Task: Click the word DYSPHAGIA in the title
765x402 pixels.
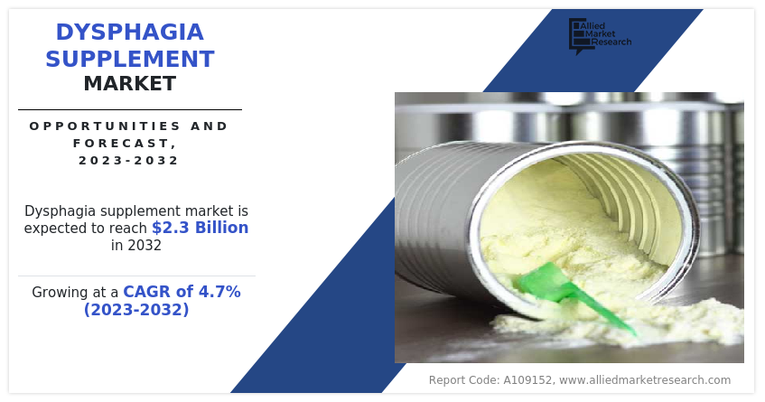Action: click(130, 33)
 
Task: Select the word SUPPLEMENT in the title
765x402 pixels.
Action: click(130, 59)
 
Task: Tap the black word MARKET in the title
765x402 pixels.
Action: click(130, 83)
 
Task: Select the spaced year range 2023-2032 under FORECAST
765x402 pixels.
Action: click(129, 161)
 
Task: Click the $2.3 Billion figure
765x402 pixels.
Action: click(200, 228)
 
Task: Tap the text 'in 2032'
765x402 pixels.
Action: click(136, 245)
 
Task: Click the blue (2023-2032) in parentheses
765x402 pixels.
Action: click(136, 309)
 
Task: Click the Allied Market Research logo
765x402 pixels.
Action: click(600, 35)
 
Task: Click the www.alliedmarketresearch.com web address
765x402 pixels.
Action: click(645, 380)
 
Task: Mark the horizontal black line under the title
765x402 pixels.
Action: click(130, 110)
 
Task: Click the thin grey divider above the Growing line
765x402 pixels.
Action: click(136, 276)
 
